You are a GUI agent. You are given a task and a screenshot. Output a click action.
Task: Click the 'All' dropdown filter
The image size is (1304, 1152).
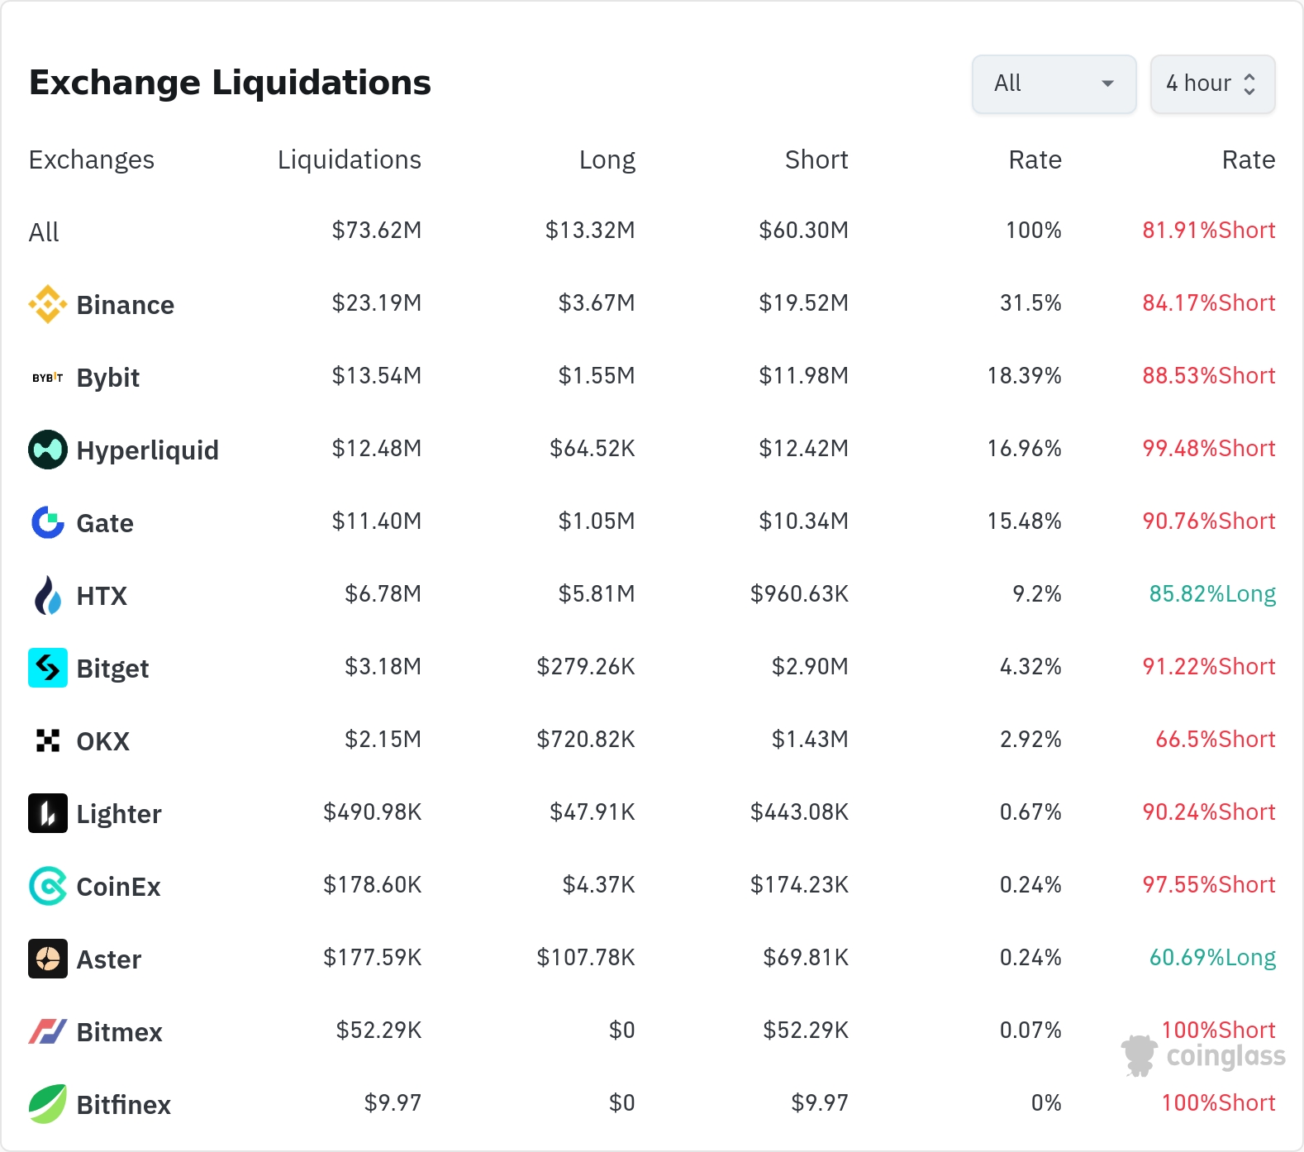(x=1054, y=83)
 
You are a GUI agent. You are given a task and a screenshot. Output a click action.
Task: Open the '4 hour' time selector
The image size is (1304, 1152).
(x=1212, y=83)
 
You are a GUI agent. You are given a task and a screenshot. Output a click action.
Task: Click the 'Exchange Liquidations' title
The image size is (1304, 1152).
(x=230, y=83)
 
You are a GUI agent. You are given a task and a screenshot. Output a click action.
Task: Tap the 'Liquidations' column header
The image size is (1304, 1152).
(x=349, y=159)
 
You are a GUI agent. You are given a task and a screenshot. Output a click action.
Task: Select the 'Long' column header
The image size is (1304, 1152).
(x=607, y=159)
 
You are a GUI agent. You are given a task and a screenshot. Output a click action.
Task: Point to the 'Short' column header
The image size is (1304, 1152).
(x=816, y=159)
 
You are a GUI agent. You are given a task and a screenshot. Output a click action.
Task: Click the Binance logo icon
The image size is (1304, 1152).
(x=48, y=304)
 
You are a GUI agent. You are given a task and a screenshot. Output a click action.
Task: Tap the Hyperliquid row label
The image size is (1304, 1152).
(x=148, y=450)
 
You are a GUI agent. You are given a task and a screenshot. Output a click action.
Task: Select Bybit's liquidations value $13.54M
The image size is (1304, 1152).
(x=377, y=376)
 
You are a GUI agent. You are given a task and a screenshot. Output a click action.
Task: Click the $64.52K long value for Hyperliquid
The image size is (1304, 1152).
(x=593, y=449)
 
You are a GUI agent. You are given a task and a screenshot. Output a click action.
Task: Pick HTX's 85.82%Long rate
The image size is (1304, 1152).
(x=1212, y=594)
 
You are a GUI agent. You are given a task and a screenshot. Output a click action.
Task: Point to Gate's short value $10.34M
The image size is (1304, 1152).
(x=804, y=521)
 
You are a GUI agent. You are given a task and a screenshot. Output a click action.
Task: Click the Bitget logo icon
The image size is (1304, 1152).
(x=48, y=668)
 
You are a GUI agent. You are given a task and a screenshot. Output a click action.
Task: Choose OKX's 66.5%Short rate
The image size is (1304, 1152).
(x=1216, y=740)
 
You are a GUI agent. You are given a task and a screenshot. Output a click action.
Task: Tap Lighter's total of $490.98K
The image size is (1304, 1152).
(x=373, y=812)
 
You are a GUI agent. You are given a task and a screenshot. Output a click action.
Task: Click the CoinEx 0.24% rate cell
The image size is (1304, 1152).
(x=1030, y=885)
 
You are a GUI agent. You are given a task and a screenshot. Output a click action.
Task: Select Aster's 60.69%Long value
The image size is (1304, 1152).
(x=1212, y=958)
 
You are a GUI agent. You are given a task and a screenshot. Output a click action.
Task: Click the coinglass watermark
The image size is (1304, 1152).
(x=1203, y=1055)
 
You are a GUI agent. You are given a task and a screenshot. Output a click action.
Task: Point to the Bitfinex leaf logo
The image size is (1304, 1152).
(x=48, y=1104)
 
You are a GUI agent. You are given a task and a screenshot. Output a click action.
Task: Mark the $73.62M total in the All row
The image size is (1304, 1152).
(x=377, y=231)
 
